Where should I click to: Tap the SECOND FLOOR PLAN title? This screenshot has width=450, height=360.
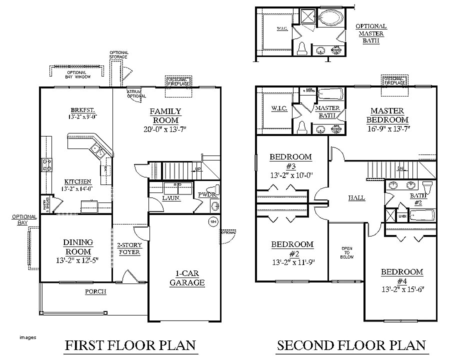click(x=351, y=345)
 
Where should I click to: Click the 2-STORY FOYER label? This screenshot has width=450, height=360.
click(x=129, y=248)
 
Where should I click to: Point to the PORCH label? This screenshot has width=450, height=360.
click(x=95, y=291)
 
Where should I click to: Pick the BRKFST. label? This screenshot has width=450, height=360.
click(x=83, y=110)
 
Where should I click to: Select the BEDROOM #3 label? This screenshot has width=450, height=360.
click(x=290, y=161)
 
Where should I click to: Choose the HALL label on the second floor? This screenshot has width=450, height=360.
click(x=356, y=198)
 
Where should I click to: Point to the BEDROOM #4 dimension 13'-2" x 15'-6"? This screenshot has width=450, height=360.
click(x=402, y=289)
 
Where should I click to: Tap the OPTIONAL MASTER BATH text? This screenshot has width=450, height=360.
click(x=371, y=33)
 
